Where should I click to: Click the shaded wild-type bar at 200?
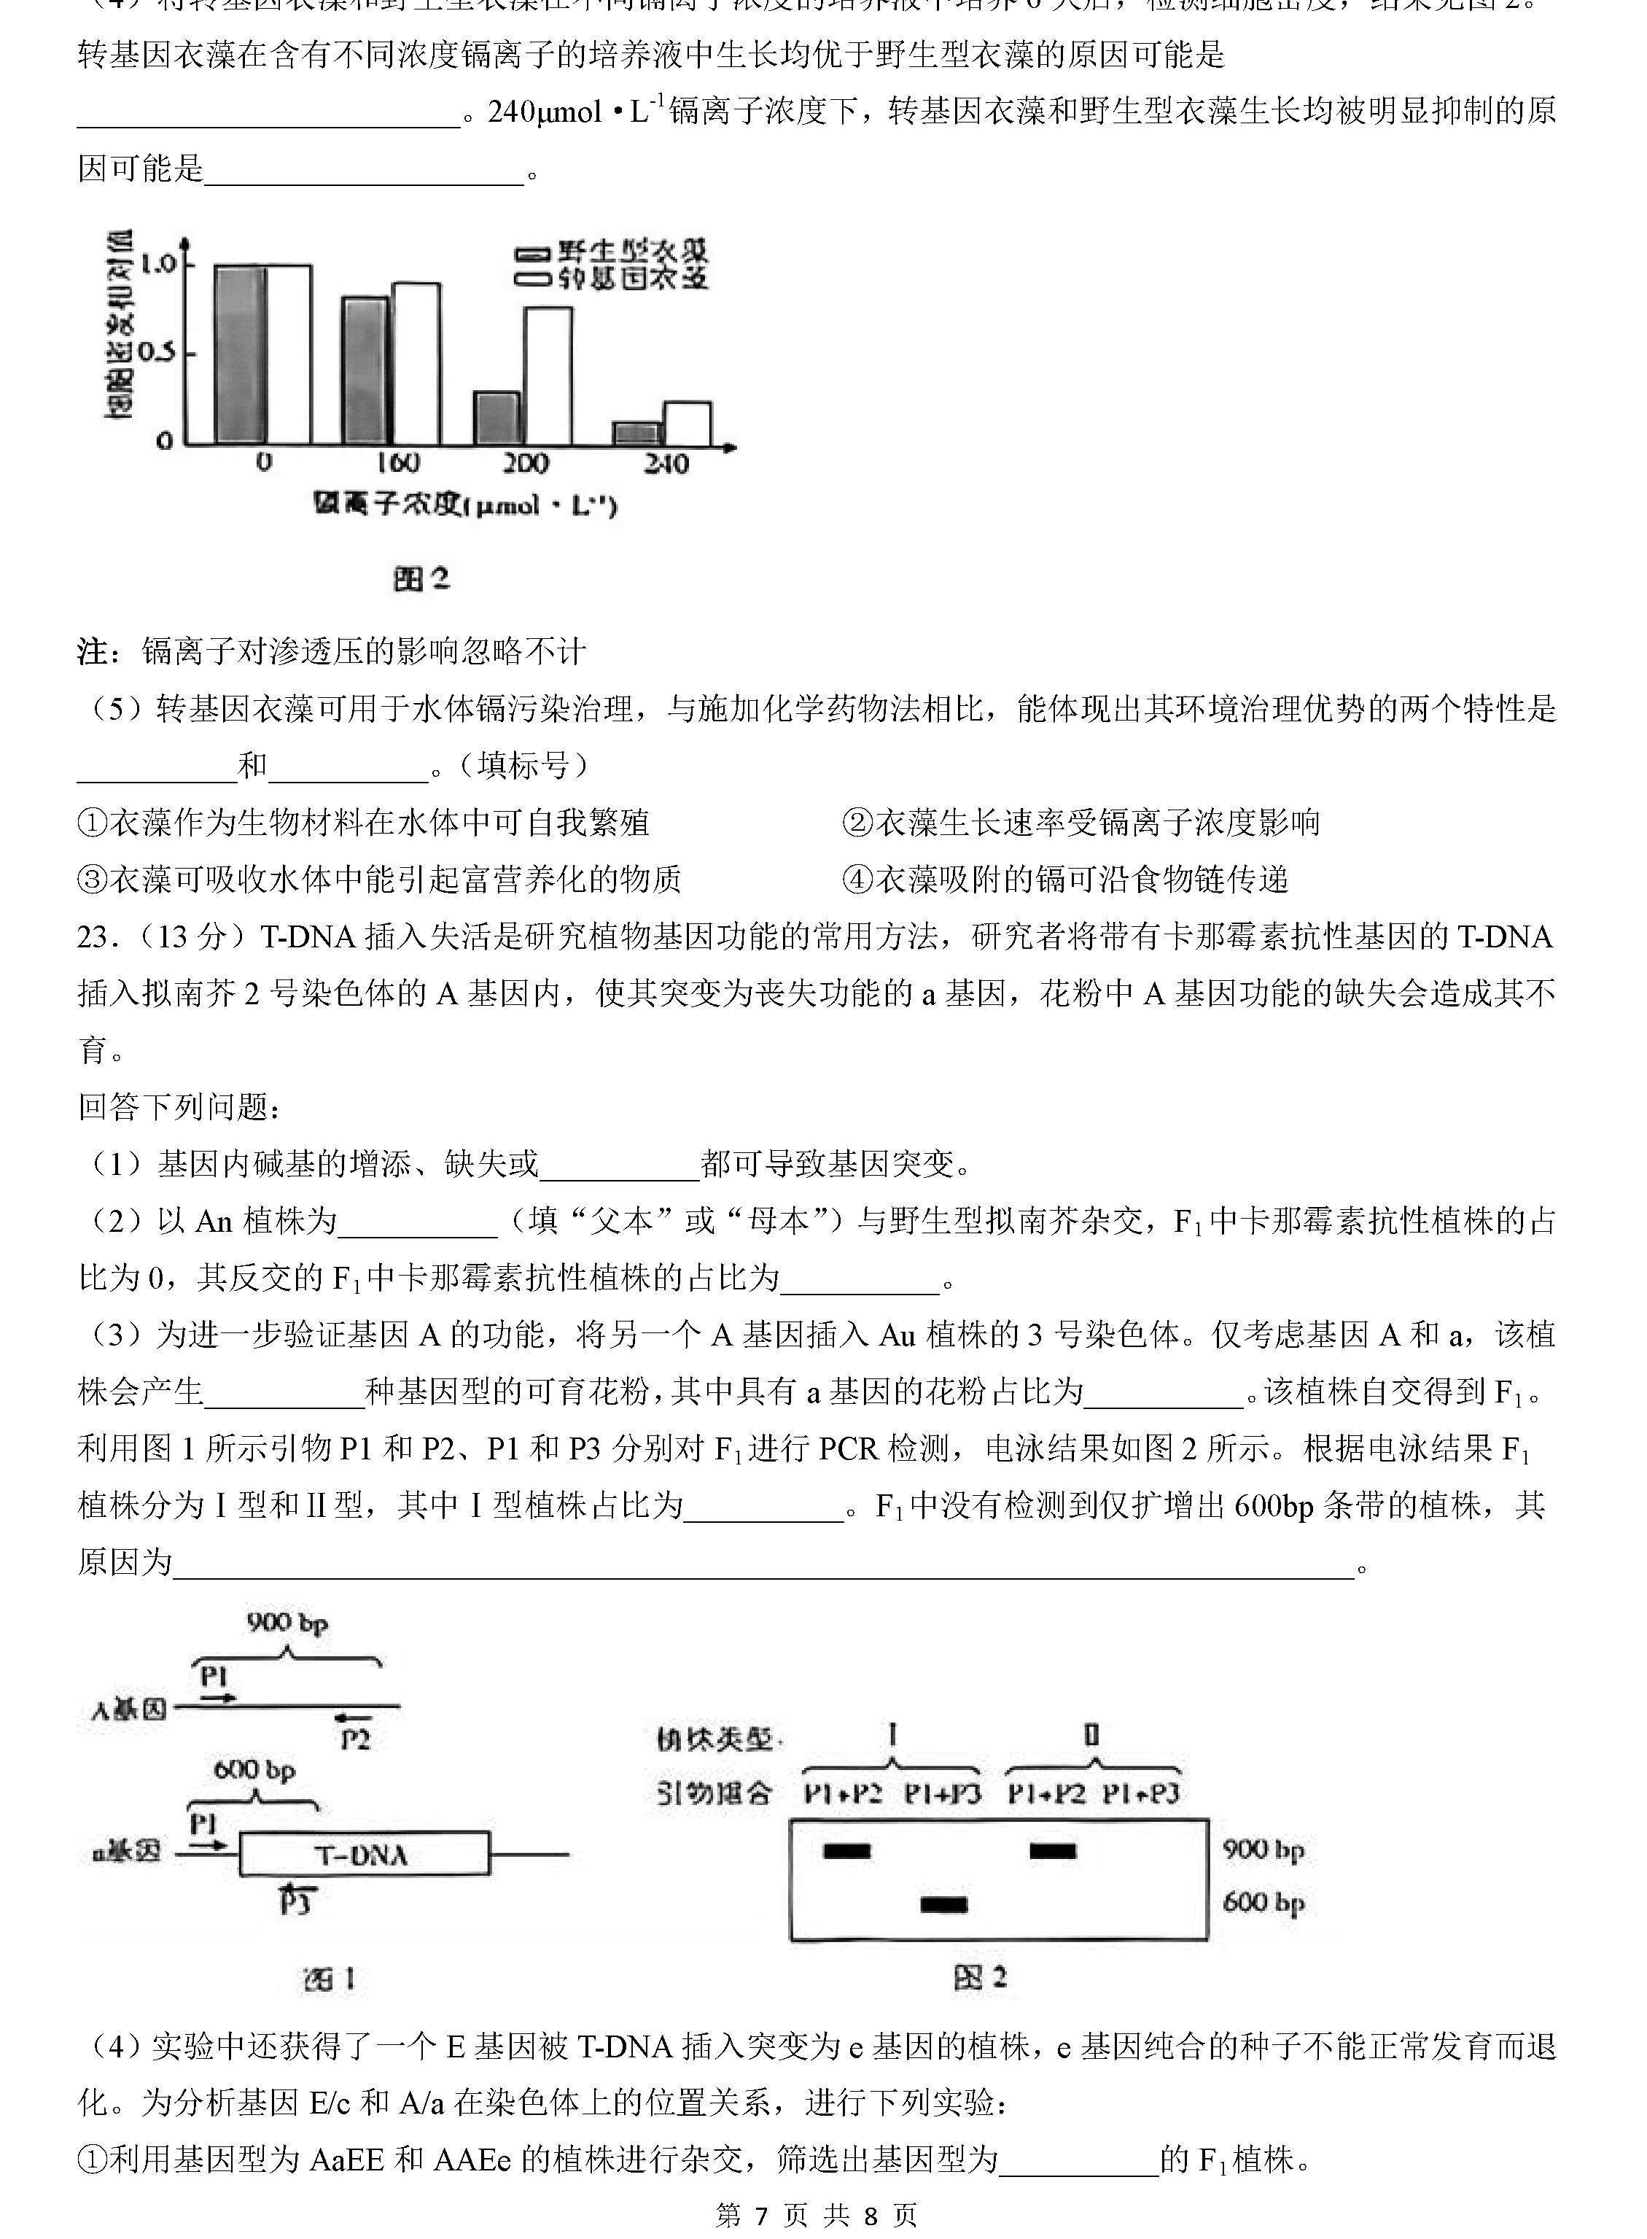click(497, 418)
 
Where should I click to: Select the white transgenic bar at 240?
click(687, 424)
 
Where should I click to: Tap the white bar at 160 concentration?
click(416, 364)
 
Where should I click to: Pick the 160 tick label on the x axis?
click(397, 464)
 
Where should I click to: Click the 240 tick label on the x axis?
click(665, 464)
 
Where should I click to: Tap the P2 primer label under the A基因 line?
click(355, 1739)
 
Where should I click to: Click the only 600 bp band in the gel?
click(943, 1905)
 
